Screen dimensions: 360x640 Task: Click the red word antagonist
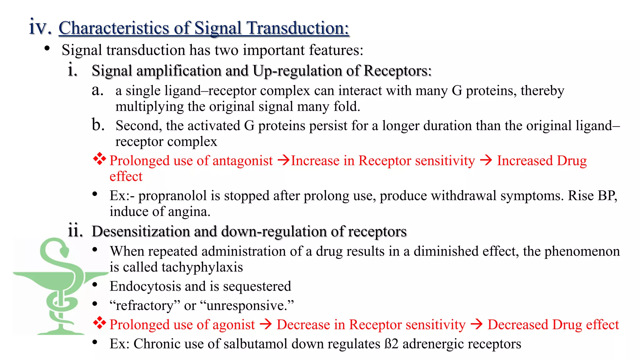(242, 161)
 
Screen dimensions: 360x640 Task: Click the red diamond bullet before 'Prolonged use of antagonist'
(100, 159)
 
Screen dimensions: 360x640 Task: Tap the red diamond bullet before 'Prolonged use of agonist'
(100, 323)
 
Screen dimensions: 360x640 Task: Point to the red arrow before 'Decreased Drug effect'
(477, 324)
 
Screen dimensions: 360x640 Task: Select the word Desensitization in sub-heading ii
(141, 232)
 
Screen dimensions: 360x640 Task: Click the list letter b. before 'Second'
(98, 125)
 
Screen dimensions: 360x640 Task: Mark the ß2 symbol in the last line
(391, 344)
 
